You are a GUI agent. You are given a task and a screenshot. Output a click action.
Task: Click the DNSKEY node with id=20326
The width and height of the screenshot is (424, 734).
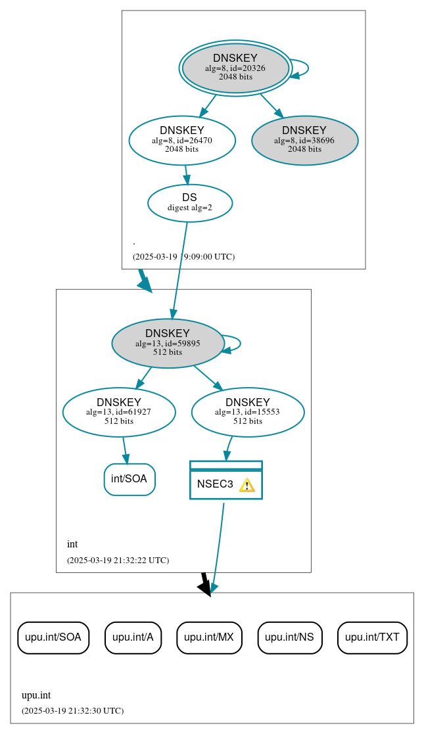point(235,68)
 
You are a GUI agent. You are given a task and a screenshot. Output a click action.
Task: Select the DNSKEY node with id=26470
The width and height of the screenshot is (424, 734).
point(182,140)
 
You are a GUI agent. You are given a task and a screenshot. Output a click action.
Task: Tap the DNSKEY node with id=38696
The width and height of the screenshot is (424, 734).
point(304,140)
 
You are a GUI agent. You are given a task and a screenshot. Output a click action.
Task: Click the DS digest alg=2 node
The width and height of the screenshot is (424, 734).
point(189,202)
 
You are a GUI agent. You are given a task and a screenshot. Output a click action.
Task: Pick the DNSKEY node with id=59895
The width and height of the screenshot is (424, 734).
point(168,343)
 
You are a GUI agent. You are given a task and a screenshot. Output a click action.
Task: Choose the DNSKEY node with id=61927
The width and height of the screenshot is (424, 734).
point(119,412)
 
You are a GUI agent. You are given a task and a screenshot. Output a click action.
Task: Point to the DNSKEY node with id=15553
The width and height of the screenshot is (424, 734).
point(248,412)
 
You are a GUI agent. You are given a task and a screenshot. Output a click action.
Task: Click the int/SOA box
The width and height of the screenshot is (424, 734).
point(130,479)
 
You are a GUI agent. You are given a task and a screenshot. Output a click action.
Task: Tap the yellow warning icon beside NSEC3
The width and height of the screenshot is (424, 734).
point(247,485)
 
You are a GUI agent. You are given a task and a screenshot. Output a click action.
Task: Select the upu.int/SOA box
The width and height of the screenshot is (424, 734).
point(53,637)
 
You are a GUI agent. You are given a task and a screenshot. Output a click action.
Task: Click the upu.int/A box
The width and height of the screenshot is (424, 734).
point(133,637)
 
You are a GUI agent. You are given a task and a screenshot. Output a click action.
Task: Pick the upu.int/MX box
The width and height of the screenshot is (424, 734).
point(209,637)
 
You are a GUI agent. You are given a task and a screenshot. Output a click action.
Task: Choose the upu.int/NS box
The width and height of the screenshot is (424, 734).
point(289,637)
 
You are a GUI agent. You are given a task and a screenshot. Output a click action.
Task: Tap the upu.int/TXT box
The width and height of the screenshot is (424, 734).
point(372,637)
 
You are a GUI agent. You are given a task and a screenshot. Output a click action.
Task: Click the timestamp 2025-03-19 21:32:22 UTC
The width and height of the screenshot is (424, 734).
point(118,561)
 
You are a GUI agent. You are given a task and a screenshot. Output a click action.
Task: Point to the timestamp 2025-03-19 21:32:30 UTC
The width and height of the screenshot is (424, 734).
point(72,711)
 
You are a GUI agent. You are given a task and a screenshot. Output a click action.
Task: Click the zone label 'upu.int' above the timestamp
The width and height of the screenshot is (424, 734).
point(36,695)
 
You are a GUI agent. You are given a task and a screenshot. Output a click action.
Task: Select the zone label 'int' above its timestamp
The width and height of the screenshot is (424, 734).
point(72,544)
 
